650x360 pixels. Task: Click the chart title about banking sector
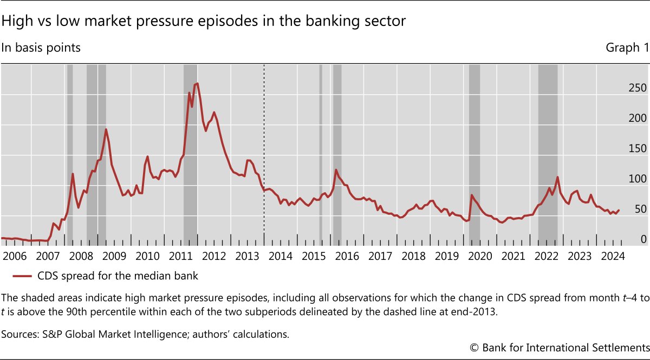(204, 22)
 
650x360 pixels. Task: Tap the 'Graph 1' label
(627, 48)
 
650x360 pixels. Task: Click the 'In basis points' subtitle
(41, 48)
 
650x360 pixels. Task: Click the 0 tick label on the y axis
(628, 239)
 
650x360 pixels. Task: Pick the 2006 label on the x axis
(15, 256)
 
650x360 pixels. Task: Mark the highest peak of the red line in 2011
(197, 83)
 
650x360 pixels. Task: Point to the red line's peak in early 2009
(106, 129)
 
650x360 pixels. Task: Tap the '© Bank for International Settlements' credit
(558, 346)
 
